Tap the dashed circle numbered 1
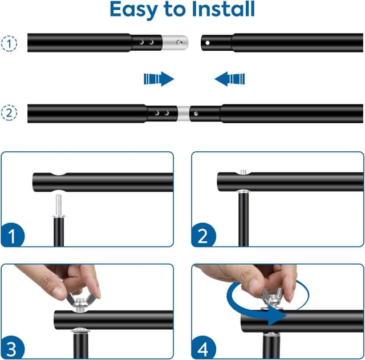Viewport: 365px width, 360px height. point(9,42)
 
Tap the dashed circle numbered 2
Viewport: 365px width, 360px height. point(9,113)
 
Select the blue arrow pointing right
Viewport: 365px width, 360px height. point(159,78)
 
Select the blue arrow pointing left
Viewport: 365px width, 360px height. point(230,78)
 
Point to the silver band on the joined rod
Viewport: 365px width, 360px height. point(182,113)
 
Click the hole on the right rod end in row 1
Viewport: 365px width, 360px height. point(208,42)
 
